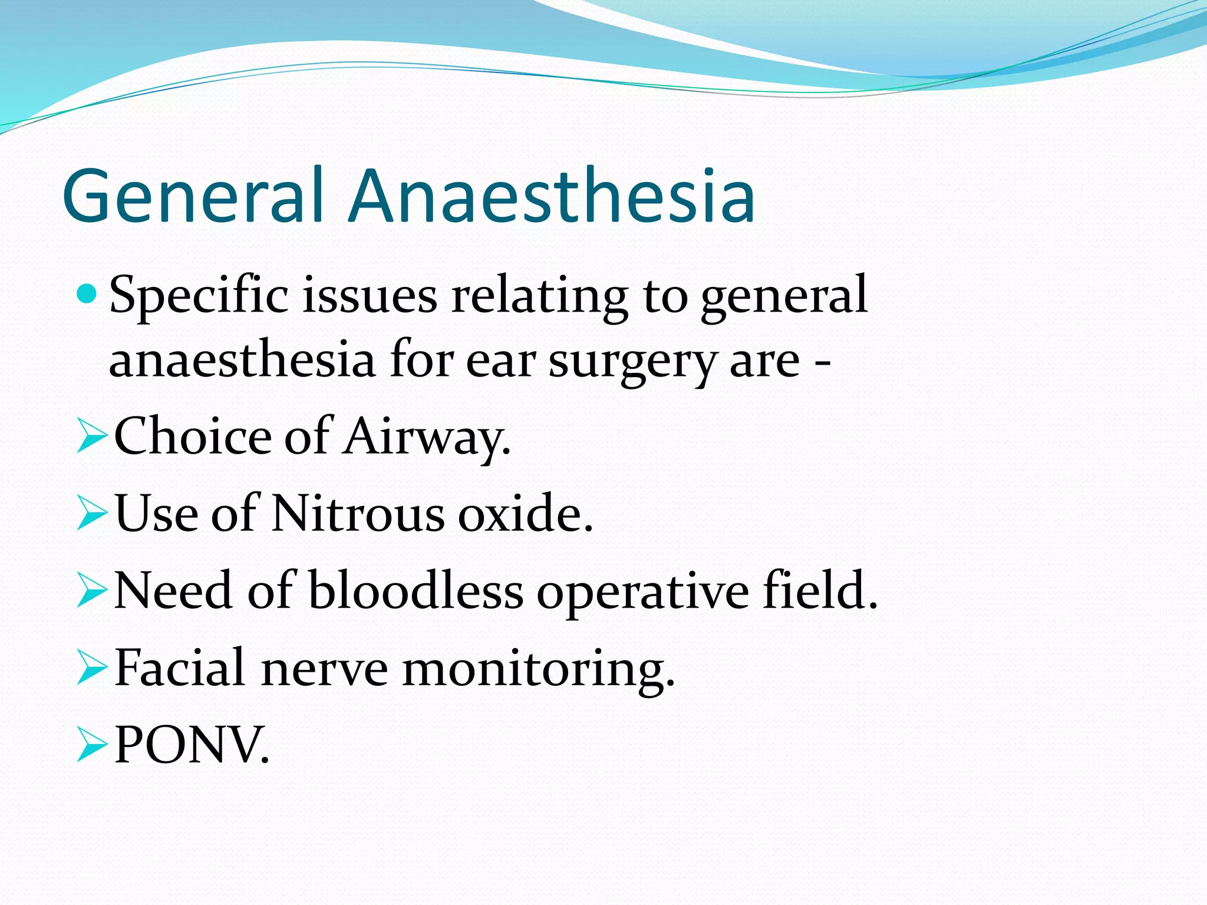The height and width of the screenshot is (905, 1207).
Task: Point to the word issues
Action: pos(370,296)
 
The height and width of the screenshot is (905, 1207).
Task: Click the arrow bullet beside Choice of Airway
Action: pos(91,438)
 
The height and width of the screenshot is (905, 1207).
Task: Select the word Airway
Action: pos(427,438)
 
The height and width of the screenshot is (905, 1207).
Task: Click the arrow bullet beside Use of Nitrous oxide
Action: pos(91,514)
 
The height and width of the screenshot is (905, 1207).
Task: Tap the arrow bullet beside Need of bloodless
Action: pos(91,592)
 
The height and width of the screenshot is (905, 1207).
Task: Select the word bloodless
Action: pos(415,592)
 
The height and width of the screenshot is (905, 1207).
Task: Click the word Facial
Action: pos(179,669)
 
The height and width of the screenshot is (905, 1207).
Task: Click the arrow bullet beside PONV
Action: pos(91,746)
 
